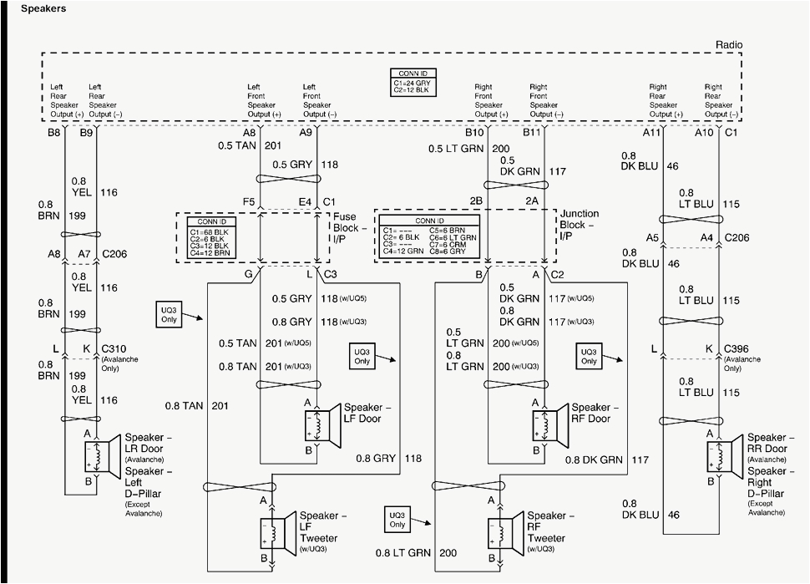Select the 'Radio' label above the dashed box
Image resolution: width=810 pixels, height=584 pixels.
(728, 45)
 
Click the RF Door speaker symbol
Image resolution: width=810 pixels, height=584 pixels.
(547, 424)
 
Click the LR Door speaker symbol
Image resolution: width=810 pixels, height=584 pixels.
(100, 455)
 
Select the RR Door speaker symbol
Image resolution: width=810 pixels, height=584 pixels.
(723, 455)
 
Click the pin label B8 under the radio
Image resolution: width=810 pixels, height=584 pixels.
(54, 132)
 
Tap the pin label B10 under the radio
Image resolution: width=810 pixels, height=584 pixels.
(474, 132)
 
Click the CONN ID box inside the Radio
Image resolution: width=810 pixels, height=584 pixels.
(415, 80)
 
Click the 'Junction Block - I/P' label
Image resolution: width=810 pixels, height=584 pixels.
(581, 225)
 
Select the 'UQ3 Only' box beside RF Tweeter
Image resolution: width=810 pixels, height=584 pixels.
(397, 520)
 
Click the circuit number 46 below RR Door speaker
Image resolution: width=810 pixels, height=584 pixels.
(673, 516)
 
